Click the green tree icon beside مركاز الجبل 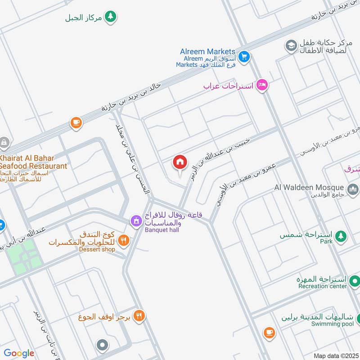click(x=110, y=17)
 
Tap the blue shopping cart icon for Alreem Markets click(x=244, y=56)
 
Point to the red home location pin click(x=180, y=162)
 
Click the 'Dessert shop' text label click(x=98, y=249)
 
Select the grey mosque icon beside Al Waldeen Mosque click(x=353, y=188)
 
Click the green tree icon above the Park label click(x=342, y=235)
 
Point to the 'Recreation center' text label click(x=322, y=286)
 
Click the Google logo click(x=19, y=353)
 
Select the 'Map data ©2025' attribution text click(x=335, y=355)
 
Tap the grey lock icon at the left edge click(x=4, y=143)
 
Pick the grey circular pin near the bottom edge click(x=103, y=346)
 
